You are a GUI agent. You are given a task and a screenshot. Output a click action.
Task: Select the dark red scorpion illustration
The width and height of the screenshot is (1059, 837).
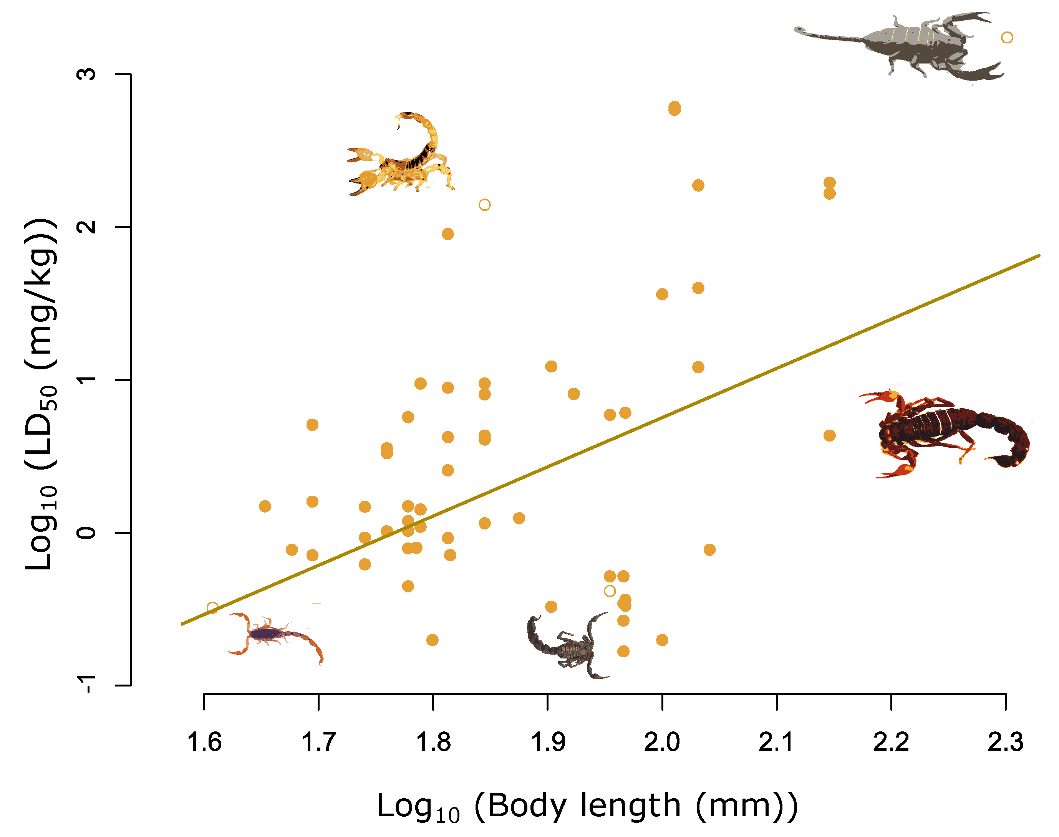(x=946, y=431)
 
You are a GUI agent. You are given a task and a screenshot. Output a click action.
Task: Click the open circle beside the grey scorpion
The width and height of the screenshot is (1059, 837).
(x=1006, y=38)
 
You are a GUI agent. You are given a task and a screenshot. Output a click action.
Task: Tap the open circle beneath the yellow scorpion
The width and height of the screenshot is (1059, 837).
(x=484, y=205)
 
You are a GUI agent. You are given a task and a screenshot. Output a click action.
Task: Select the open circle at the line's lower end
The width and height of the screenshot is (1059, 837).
(x=212, y=608)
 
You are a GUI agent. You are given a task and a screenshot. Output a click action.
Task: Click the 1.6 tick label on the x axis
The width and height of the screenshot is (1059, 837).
(x=204, y=743)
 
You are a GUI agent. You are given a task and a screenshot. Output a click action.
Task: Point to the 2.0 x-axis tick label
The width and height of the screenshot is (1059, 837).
(x=662, y=743)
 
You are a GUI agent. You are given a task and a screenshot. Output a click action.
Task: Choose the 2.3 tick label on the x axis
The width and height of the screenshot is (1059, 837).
(x=1005, y=743)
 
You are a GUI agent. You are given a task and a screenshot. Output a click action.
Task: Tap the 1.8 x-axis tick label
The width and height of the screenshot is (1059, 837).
(x=433, y=743)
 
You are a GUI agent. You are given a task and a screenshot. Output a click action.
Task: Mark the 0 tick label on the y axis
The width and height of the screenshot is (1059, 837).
(x=87, y=533)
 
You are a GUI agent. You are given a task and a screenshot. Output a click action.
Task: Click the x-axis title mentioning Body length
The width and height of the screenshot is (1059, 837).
(x=587, y=806)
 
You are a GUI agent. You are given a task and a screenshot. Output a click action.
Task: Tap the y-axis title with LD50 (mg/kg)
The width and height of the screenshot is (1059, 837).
(x=41, y=394)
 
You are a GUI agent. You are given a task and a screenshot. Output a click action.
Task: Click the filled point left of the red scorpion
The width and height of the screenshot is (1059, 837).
(x=829, y=436)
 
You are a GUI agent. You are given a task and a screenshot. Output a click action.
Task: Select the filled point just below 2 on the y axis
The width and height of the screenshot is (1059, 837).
(x=447, y=234)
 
